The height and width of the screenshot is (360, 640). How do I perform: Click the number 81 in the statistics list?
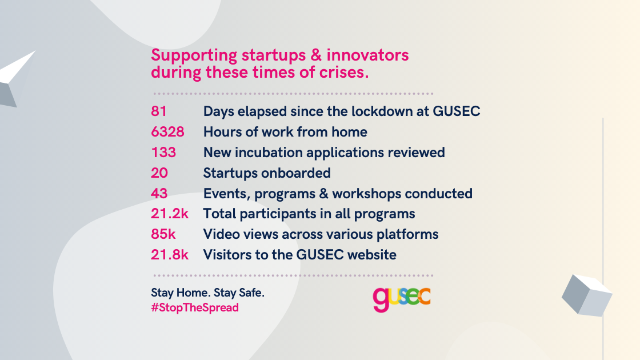[x=159, y=111]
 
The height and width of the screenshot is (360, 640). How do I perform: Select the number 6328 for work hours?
[x=167, y=132]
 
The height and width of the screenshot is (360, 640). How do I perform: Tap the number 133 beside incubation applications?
[x=163, y=152]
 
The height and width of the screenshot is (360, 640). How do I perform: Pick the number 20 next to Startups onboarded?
[x=159, y=173]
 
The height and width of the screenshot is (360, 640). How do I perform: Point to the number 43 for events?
[x=159, y=193]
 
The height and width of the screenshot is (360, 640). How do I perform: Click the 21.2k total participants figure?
[x=170, y=214]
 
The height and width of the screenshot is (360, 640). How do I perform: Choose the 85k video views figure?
[x=163, y=234]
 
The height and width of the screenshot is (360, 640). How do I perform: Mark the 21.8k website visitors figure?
[x=170, y=254]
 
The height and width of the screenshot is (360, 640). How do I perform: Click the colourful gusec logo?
[x=402, y=299]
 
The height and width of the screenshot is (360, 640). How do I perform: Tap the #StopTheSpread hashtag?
[x=195, y=308]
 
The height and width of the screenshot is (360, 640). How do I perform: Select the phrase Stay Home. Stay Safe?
[x=208, y=293]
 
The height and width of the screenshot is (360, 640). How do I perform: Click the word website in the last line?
[x=372, y=254]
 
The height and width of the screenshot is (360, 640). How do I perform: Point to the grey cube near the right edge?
[x=587, y=295]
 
